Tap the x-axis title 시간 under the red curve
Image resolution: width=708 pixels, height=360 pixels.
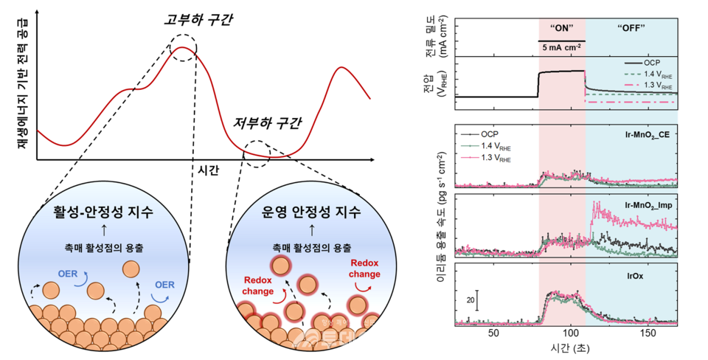coord(209,170)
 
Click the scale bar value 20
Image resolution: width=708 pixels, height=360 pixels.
coord(469,300)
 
